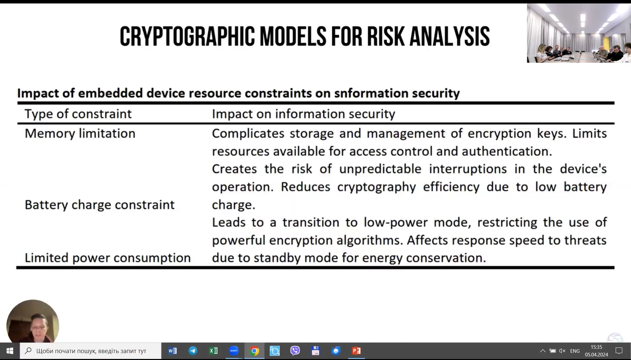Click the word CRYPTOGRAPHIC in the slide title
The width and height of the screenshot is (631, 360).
pos(187,36)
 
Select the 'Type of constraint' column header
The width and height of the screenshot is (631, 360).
pos(78,114)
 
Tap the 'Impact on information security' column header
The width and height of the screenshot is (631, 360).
pos(303,114)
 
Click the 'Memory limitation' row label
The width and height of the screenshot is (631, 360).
pos(80,133)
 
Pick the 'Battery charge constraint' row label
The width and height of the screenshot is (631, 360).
pos(100,205)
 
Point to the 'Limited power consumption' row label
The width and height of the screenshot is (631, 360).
pos(108,258)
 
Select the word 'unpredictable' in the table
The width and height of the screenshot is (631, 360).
pos(380,169)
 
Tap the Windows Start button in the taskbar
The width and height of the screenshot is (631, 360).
pos(9,351)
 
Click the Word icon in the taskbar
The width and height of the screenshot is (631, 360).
pos(172,351)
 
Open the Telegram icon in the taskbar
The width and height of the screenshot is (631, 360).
pos(193,351)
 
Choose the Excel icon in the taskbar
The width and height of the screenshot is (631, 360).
pos(213,351)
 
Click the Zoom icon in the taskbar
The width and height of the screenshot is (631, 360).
pos(234,351)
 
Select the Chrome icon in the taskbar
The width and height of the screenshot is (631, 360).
pos(254,351)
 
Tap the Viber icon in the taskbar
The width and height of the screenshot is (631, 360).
pos(295,351)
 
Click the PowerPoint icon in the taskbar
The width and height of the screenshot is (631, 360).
pos(356,351)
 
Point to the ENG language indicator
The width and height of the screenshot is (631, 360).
pos(575,351)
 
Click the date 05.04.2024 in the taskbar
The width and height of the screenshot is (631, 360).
pos(596,355)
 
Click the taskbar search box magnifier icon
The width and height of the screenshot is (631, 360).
pos(28,351)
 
